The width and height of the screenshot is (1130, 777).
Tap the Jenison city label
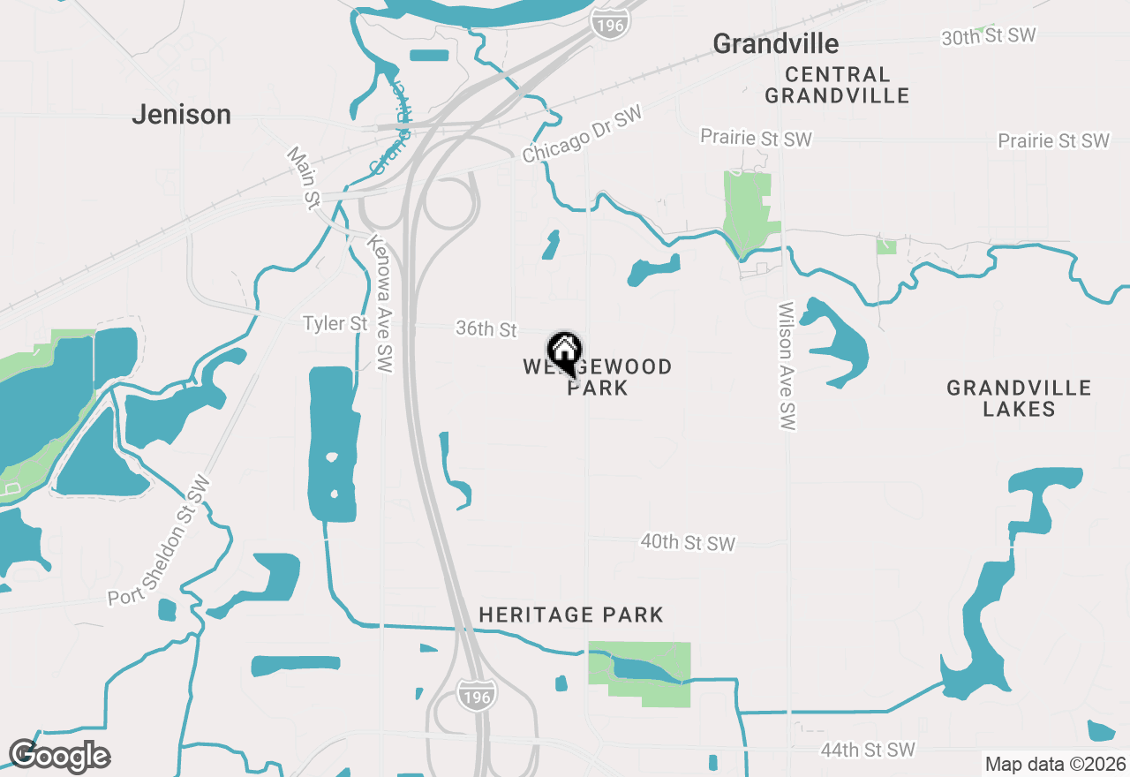181,114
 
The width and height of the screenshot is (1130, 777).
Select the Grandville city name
775,43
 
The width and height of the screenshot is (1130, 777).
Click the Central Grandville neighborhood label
836,85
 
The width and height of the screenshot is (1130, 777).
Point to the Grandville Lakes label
1019,398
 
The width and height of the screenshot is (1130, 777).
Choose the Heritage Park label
570,615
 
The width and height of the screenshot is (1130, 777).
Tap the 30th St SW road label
988,36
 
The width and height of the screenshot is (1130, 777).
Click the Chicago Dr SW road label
582,137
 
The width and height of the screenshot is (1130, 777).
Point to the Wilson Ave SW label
787,366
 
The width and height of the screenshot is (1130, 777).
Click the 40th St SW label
688,542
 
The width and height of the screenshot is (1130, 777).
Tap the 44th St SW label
868,750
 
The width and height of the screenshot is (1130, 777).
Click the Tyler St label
335,324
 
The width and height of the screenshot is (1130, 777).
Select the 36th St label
486,329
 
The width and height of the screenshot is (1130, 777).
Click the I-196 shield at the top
609,23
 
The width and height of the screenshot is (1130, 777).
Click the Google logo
59,756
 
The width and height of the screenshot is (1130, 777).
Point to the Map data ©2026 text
1055,764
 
